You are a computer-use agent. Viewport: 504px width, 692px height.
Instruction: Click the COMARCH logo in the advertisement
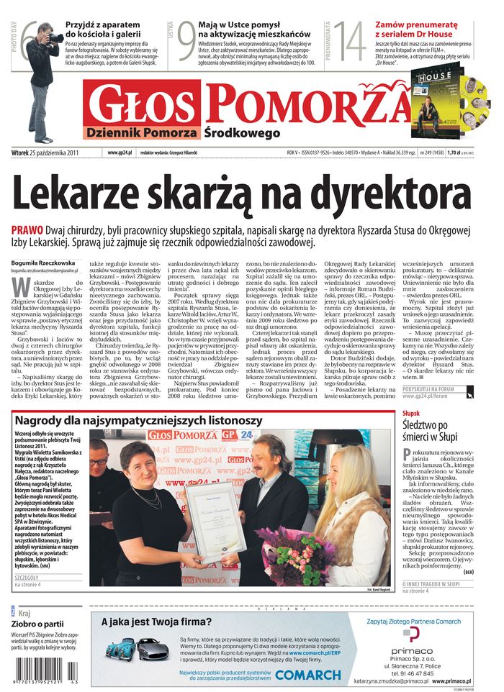[308, 674]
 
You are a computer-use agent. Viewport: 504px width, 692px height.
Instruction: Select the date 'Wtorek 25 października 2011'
[45, 152]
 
